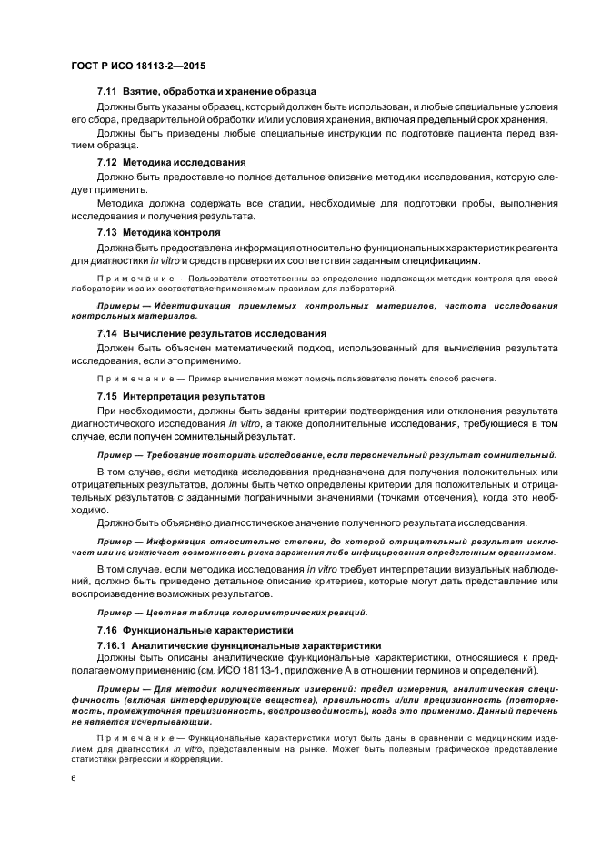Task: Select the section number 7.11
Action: [x=108, y=92]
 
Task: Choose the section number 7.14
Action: [x=108, y=334]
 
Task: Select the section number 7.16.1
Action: [x=112, y=644]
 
